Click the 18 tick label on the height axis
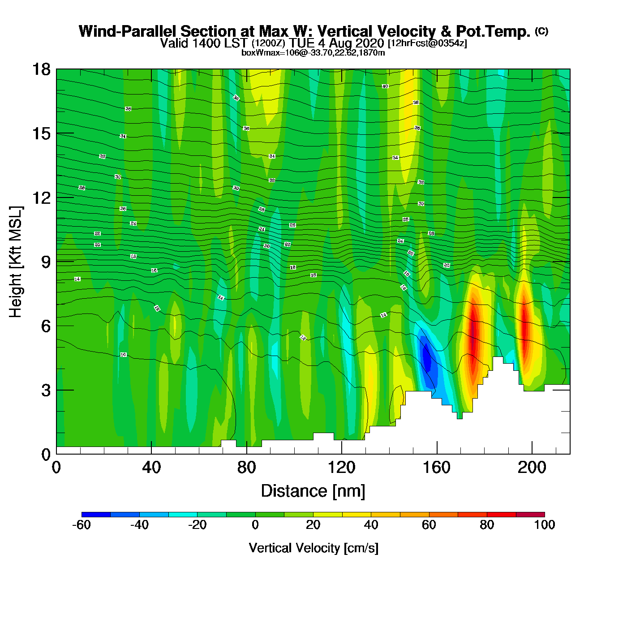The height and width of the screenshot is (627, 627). coord(41,69)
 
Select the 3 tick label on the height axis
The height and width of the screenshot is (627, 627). coord(46,390)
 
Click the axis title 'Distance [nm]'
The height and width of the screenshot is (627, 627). coord(313,491)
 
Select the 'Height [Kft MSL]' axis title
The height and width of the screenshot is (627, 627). coord(16,262)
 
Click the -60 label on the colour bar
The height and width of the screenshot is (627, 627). coord(82,525)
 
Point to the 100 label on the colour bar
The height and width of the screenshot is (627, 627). coord(545,525)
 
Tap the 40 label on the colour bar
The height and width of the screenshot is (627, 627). coord(371,525)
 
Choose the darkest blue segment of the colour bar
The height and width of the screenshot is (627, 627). coord(96,515)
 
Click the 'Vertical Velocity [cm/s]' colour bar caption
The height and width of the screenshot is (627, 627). coord(313,548)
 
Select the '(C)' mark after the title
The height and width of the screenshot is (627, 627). coord(541,31)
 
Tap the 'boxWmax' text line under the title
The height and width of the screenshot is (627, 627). coord(313,53)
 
